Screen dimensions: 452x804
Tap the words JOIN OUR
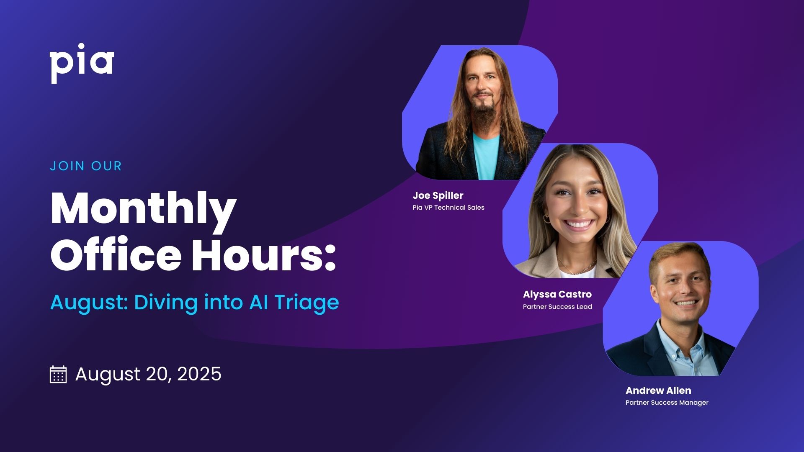click(x=86, y=166)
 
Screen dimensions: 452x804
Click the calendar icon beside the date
click(x=58, y=374)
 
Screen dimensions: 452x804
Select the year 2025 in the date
click(x=199, y=374)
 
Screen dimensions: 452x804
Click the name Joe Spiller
click(x=438, y=195)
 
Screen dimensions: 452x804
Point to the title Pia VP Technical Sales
click(x=448, y=208)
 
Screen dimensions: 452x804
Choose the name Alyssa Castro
click(x=557, y=294)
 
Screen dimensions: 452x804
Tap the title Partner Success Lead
click(x=557, y=307)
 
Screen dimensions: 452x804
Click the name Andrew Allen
click(x=658, y=390)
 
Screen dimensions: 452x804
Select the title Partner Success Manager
click(x=667, y=403)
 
